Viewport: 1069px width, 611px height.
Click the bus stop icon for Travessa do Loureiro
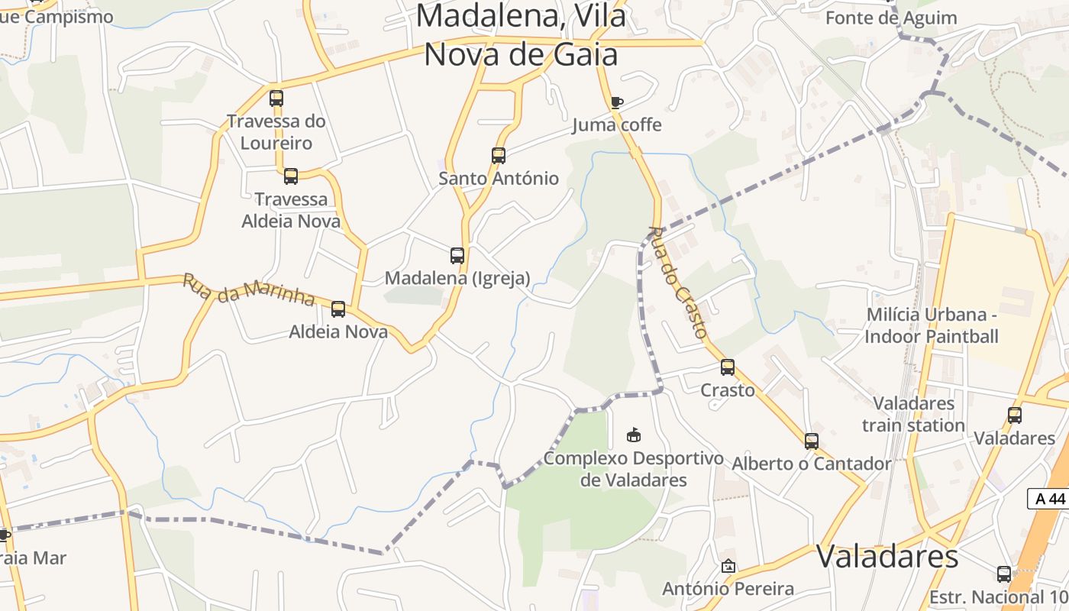point(276,99)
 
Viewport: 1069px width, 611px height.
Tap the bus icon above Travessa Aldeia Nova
point(291,176)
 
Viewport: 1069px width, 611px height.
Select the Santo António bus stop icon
point(499,156)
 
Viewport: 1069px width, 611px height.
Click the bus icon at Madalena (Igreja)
point(457,256)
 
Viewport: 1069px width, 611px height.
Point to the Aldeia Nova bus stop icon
point(338,309)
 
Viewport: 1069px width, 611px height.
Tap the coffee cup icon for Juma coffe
point(617,102)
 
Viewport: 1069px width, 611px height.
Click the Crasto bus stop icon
point(728,367)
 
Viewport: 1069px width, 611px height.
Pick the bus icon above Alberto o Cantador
point(812,441)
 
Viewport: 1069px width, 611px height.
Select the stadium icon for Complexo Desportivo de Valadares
point(633,435)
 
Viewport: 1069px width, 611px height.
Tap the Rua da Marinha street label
point(249,290)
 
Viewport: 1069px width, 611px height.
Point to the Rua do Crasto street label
point(678,282)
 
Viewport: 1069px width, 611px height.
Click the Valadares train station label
point(913,414)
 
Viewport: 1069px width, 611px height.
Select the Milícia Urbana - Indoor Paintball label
point(932,325)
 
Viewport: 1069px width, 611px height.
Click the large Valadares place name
point(887,557)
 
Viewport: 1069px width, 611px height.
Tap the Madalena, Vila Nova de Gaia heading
point(521,35)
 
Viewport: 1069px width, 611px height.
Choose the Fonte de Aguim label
point(891,18)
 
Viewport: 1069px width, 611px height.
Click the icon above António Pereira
point(728,567)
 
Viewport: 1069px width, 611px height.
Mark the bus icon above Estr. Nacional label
point(1004,574)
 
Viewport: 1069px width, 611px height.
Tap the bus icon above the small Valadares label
point(1015,415)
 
